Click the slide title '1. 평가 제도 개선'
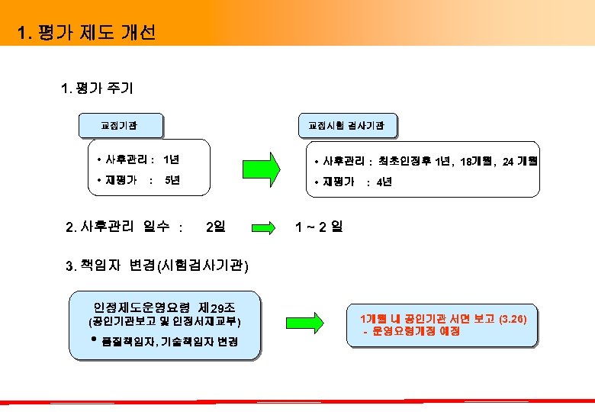pyautogui.click(x=86, y=33)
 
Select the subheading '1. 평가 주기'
pyautogui.click(x=97, y=89)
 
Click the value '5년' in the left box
pyautogui.click(x=172, y=181)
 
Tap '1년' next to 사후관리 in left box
pyautogui.click(x=172, y=159)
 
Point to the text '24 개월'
pyautogui.click(x=520, y=161)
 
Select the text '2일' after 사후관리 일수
pyautogui.click(x=216, y=227)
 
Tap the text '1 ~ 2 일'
pyautogui.click(x=319, y=227)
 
